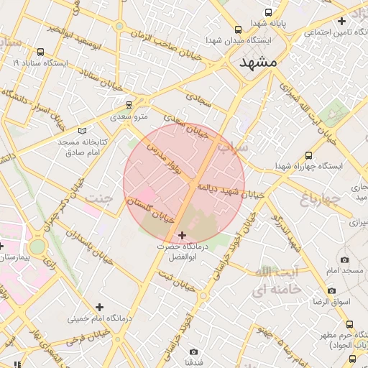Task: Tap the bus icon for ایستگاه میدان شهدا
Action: click(x=238, y=29)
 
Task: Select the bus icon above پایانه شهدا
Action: click(x=269, y=13)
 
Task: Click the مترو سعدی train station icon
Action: click(x=129, y=104)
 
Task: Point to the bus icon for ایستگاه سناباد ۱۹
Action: click(x=40, y=52)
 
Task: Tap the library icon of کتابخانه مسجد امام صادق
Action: click(x=82, y=131)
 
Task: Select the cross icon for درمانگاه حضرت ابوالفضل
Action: click(x=181, y=235)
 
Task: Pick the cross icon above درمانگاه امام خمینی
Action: click(x=99, y=307)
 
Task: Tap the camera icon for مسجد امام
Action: click(x=345, y=259)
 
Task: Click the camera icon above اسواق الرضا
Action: click(x=331, y=290)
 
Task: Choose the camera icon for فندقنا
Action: click(x=193, y=351)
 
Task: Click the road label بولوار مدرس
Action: click(x=167, y=159)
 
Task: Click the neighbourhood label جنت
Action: click(x=98, y=197)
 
